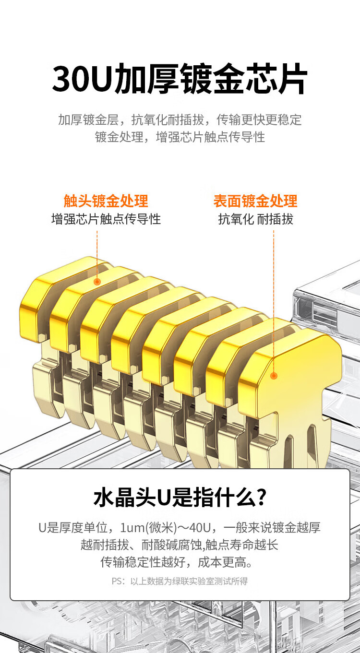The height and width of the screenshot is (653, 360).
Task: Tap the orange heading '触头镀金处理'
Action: [106, 201]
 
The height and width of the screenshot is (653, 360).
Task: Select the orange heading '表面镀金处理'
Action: [255, 201]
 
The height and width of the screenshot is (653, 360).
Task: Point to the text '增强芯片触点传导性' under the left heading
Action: [106, 219]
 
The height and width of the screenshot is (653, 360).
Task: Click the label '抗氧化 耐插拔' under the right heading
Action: [255, 219]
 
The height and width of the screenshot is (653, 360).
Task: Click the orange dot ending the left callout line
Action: [97, 282]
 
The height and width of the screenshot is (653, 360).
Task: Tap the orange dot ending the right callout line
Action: [274, 376]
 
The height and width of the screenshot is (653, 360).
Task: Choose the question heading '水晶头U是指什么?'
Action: [180, 498]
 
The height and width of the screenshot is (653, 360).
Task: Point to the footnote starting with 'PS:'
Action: [180, 581]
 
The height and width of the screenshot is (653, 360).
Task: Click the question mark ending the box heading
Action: [262, 498]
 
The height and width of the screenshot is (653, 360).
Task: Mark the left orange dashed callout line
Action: [97, 254]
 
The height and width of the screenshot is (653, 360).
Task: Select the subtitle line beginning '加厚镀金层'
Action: [180, 119]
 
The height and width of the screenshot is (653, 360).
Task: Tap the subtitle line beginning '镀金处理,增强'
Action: [180, 137]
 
